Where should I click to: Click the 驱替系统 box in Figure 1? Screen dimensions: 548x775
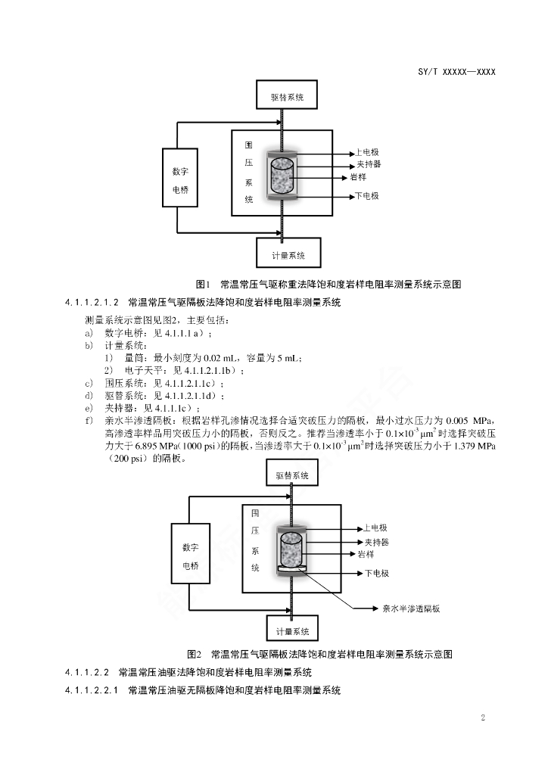click(287, 95)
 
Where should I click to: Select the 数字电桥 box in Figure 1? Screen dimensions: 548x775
click(180, 178)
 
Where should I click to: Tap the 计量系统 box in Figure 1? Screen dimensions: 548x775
click(288, 253)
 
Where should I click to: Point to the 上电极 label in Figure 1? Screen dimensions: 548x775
click(367, 152)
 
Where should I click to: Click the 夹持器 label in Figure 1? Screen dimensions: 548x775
click(369, 164)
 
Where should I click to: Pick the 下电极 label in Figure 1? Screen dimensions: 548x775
click(367, 196)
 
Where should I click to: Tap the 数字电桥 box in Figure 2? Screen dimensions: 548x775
click(190, 556)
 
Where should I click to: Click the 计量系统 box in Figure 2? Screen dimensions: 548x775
click(292, 628)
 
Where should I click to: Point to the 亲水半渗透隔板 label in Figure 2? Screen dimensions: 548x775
click(411, 608)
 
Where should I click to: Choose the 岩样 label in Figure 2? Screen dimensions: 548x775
click(366, 555)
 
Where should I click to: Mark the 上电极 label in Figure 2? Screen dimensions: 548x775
click(375, 528)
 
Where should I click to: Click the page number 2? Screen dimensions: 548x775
click(483, 717)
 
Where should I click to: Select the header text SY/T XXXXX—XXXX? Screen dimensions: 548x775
click(456, 72)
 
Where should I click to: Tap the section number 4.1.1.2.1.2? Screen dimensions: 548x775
click(92, 302)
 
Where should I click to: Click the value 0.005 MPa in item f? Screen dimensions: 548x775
click(469, 421)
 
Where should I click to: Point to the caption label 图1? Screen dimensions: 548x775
click(203, 285)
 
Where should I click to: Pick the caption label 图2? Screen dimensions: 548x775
click(195, 655)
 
